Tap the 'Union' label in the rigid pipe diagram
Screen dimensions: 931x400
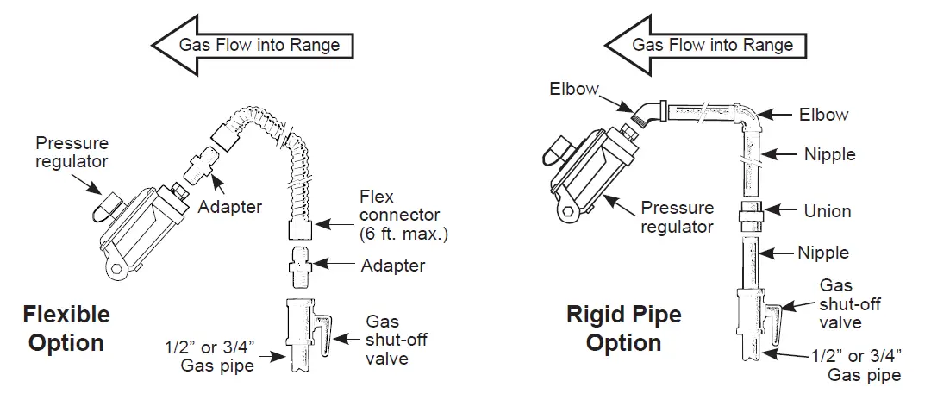click(x=827, y=211)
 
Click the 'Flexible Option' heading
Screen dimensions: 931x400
click(x=66, y=328)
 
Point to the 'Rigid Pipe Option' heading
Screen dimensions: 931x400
click(x=623, y=328)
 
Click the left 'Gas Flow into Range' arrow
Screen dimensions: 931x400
click(x=253, y=46)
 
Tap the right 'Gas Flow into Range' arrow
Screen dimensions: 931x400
click(x=705, y=46)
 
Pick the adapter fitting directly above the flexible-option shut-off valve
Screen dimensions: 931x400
click(x=301, y=267)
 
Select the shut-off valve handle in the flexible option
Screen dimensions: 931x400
click(x=322, y=335)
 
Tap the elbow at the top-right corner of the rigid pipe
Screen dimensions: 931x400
click(x=747, y=118)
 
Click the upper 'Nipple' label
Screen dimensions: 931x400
click(x=829, y=154)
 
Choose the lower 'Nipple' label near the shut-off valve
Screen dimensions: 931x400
click(x=823, y=253)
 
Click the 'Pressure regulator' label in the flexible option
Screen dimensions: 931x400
click(x=72, y=152)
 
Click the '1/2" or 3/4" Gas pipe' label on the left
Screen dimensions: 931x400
click(x=217, y=355)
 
